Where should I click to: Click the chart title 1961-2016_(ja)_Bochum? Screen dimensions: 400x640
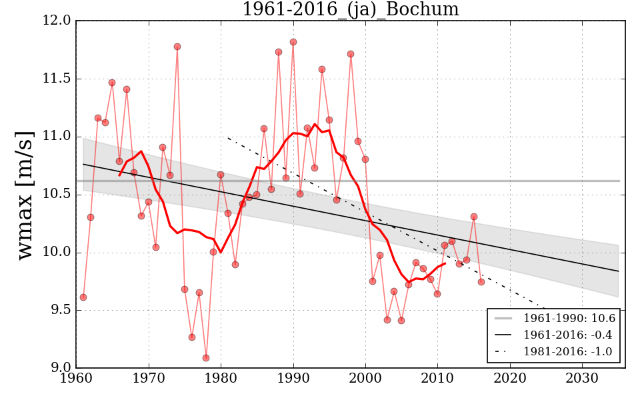[350, 9]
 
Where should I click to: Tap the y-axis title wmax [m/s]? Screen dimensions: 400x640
[25, 194]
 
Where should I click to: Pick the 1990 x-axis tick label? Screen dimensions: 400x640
[293, 379]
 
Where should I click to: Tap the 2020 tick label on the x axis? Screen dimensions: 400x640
[511, 379]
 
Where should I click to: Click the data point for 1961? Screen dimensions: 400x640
[83, 297]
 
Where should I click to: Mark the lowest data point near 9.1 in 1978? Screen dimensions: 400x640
[206, 358]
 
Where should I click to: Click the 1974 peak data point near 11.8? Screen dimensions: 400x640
[177, 47]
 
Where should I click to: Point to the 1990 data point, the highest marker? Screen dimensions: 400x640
[293, 42]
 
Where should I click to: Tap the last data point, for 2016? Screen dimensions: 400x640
[481, 282]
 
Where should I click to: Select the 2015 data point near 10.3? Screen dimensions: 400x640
[474, 217]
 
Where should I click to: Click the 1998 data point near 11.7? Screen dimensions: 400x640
[351, 54]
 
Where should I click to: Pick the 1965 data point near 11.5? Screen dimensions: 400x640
[112, 83]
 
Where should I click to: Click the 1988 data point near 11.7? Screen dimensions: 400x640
[279, 52]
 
